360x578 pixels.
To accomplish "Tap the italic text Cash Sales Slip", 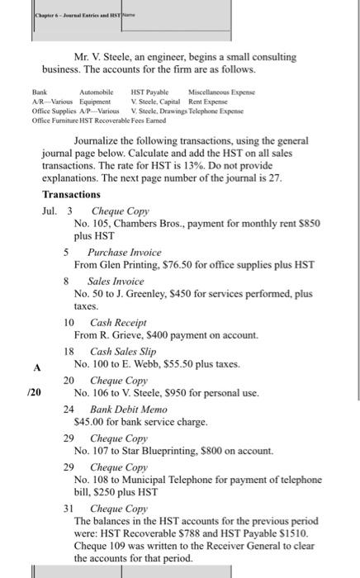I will click(123, 352).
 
